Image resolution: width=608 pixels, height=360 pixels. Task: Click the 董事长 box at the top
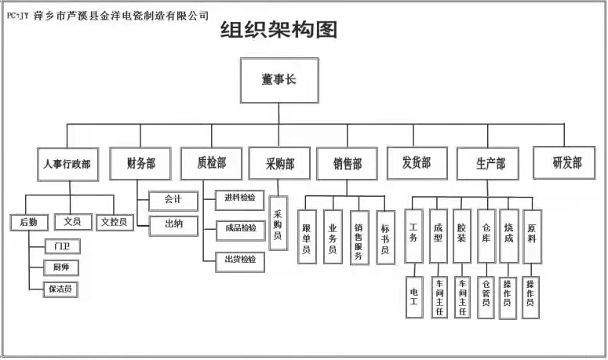279,81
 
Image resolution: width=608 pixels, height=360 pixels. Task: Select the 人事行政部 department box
67,164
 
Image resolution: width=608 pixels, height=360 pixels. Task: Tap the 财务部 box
140,164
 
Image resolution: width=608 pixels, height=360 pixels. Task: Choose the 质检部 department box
212,164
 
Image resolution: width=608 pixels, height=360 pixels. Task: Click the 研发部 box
564,163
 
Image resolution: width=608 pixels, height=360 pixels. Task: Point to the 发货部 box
417,163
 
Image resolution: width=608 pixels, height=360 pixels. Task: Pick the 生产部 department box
488,164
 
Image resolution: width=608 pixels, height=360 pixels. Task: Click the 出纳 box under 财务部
173,226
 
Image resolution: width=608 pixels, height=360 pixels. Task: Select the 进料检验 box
240,200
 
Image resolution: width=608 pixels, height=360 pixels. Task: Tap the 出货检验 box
240,262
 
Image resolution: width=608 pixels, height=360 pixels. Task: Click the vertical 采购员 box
279,224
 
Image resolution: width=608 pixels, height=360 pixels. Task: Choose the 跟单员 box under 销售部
307,237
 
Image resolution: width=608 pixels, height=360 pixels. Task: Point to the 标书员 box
386,238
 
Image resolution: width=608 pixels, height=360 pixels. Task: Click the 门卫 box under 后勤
63,246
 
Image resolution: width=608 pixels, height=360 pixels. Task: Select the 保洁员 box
60,289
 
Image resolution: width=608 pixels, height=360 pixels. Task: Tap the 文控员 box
115,223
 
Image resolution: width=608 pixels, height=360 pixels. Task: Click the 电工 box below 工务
414,297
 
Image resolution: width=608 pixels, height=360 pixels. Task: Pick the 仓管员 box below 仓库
486,297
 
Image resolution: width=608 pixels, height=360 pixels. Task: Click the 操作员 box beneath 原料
531,297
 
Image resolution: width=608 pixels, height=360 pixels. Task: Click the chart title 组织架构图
279,30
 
